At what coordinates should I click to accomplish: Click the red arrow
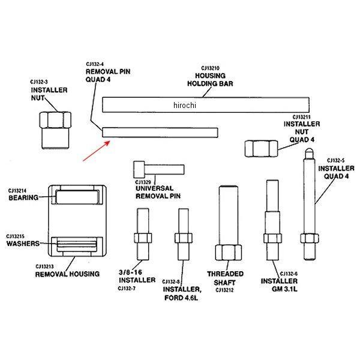coord(95,151)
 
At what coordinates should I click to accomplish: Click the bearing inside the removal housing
coord(77,196)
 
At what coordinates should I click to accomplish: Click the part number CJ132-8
coord(170,281)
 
